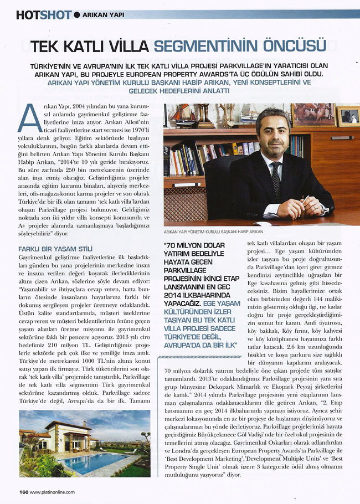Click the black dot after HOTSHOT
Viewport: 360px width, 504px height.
(x=76, y=15)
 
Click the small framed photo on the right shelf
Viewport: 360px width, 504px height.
(x=348, y=116)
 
